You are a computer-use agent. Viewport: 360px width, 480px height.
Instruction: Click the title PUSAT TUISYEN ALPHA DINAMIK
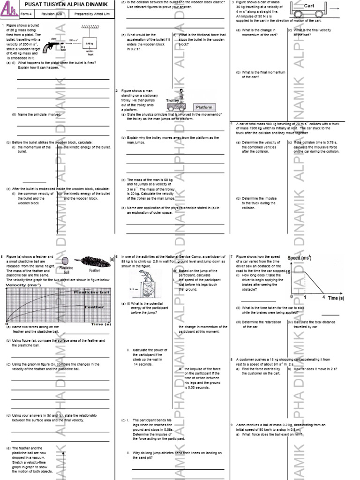tap(66, 4)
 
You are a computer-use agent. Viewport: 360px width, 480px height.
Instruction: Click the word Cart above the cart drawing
tap(309, 6)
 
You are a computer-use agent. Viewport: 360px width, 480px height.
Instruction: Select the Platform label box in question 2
tap(204, 107)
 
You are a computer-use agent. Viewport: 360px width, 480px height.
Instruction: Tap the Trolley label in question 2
tap(173, 100)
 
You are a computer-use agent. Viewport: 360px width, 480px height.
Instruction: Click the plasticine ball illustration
tap(65, 261)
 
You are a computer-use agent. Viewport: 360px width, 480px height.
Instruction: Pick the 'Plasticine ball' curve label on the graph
tap(92, 292)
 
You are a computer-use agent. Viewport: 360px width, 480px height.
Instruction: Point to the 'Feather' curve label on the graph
tap(94, 307)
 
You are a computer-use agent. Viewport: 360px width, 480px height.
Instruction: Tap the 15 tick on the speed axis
tap(288, 272)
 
